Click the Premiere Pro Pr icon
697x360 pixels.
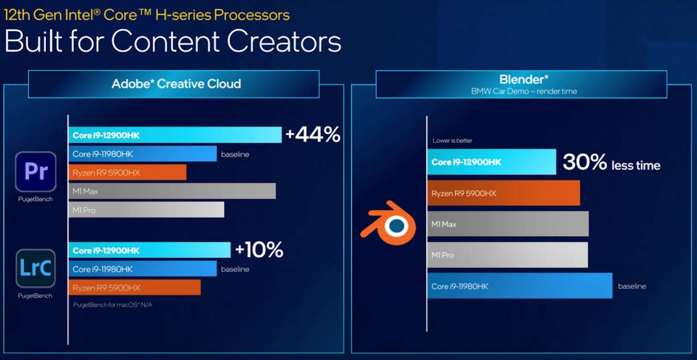35,172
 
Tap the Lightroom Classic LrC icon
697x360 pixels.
35,268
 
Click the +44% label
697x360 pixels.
312,135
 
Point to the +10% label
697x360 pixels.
259,250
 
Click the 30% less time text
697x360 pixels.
611,163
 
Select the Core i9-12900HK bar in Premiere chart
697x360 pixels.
174,135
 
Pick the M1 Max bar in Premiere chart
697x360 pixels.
172,191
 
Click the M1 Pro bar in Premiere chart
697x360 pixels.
146,210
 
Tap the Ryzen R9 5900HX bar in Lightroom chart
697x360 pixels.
135,287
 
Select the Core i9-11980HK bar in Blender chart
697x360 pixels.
519,286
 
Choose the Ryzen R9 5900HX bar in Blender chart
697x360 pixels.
503,193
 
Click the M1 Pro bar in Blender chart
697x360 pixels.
507,255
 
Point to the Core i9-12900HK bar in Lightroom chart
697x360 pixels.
149,250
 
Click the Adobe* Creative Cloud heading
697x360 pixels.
176,84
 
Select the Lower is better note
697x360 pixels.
452,141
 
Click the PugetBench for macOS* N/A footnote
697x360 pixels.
113,305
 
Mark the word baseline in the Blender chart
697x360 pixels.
632,286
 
